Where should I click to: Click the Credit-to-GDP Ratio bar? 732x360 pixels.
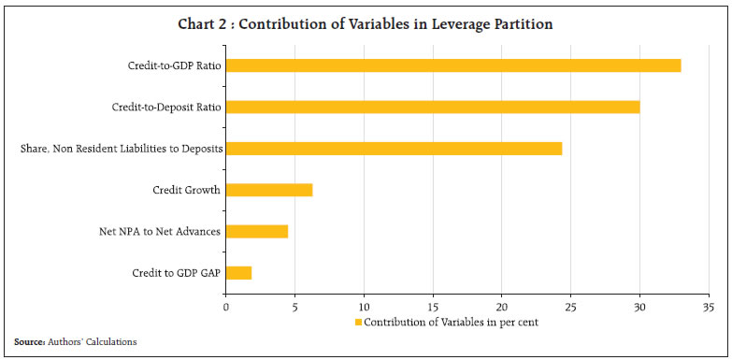pos(453,65)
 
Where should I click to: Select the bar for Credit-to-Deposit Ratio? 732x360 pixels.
pos(433,107)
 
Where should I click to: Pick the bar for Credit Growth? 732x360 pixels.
pos(269,190)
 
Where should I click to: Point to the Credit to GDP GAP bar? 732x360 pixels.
pos(238,273)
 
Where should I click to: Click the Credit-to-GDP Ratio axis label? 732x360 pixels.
pos(174,65)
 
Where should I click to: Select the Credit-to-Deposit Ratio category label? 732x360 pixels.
pos(167,107)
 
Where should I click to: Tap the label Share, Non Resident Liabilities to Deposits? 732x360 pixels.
pos(121,148)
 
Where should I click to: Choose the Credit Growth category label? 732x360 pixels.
pos(187,190)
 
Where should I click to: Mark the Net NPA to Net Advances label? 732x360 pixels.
pos(160,231)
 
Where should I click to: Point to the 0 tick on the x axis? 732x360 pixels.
pos(225,306)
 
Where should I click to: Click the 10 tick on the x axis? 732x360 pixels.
pos(364,306)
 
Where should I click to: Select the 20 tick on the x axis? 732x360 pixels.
pos(502,306)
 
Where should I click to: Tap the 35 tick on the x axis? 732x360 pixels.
pos(709,306)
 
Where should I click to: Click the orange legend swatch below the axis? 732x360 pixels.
pos(358,323)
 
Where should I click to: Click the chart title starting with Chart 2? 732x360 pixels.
pos(366,24)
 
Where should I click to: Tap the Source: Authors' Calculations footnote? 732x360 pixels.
pos(75,342)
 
